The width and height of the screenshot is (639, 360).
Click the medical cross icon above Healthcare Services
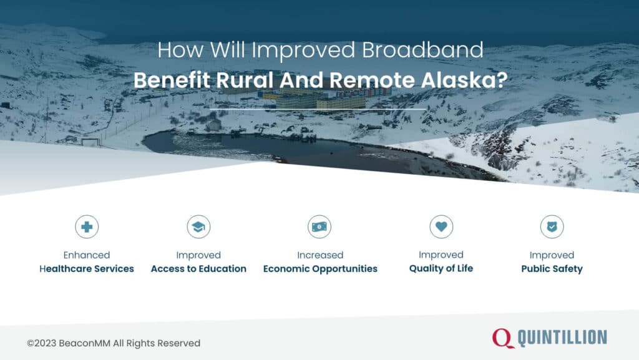click(87, 227)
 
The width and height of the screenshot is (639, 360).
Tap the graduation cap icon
click(198, 227)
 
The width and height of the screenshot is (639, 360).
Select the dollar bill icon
click(319, 227)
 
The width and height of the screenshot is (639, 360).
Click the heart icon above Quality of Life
click(441, 227)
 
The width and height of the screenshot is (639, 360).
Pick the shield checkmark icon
click(552, 227)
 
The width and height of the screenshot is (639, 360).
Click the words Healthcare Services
click(87, 269)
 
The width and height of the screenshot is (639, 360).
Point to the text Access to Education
click(198, 269)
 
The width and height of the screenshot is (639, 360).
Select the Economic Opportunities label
click(320, 269)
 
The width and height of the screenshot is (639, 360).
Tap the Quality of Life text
click(441, 268)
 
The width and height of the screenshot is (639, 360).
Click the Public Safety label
click(552, 269)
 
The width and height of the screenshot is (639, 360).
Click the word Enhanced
click(87, 255)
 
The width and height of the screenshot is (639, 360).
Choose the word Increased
click(320, 255)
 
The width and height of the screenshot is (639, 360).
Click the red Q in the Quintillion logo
click(503, 338)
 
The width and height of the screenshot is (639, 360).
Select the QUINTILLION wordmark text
click(562, 338)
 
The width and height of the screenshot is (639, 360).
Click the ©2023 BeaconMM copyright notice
click(114, 343)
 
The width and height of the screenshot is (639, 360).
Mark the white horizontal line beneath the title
click(318, 109)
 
